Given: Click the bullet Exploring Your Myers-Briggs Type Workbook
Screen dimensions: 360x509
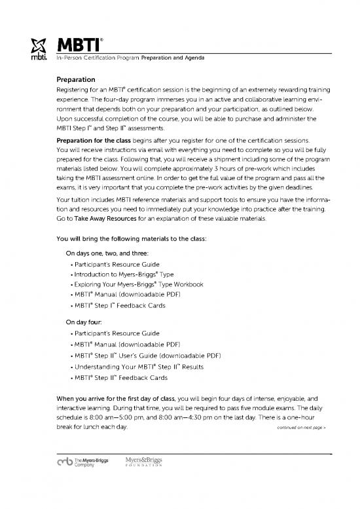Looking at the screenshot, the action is [x=139, y=284].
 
